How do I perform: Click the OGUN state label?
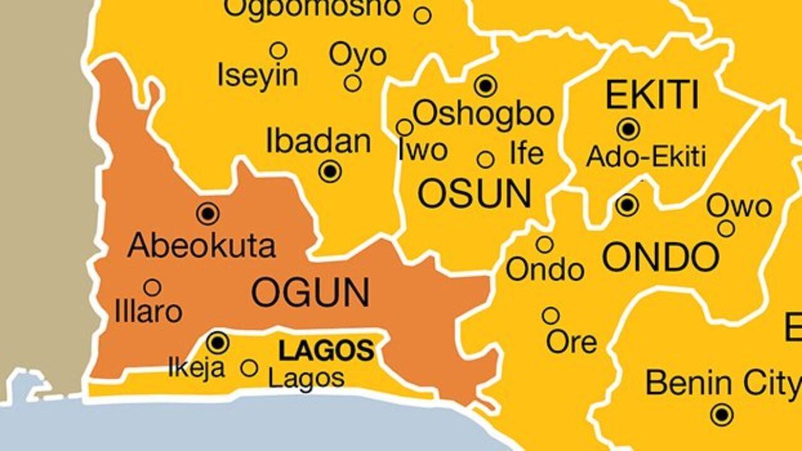tap(310, 293)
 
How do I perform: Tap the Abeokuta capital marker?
tap(208, 214)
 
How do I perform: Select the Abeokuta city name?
tap(201, 246)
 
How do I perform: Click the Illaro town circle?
tap(152, 288)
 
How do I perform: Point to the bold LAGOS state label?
tap(326, 351)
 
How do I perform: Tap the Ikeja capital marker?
tap(218, 342)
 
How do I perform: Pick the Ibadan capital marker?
tap(330, 170)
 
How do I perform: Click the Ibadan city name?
tap(318, 142)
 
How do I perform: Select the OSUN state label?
tap(474, 194)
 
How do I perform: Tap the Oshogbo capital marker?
tap(486, 85)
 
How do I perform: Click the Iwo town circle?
tap(405, 128)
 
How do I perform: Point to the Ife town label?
tap(526, 153)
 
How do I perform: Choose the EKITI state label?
tap(652, 96)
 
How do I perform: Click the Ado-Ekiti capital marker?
tap(628, 129)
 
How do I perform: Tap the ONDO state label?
tap(660, 257)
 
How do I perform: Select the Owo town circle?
tap(726, 229)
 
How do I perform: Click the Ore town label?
tap(571, 342)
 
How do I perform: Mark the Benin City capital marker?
tap(722, 414)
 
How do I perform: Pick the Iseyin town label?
tap(258, 76)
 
